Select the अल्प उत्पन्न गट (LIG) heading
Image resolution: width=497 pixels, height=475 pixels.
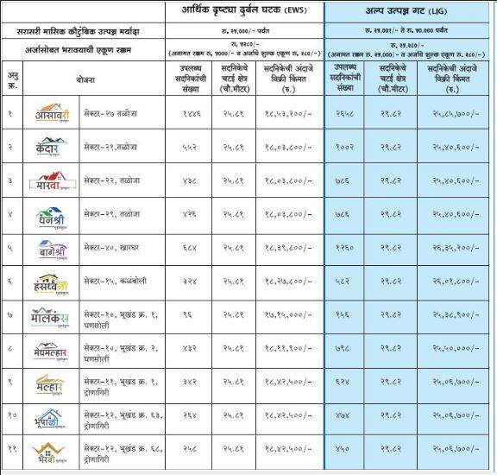410,12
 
